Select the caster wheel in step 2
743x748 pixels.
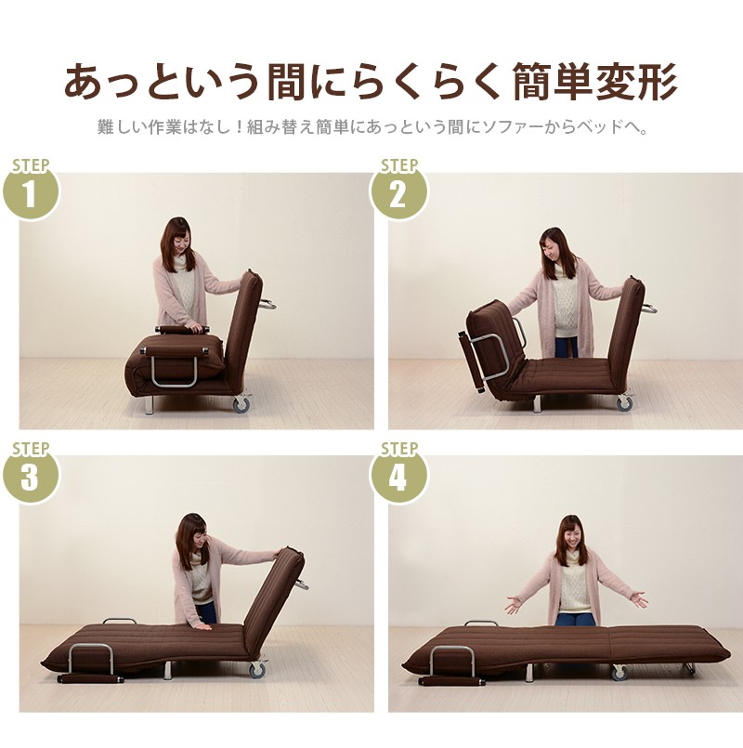click(x=625, y=403)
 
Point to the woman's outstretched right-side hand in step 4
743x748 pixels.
click(x=639, y=599)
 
